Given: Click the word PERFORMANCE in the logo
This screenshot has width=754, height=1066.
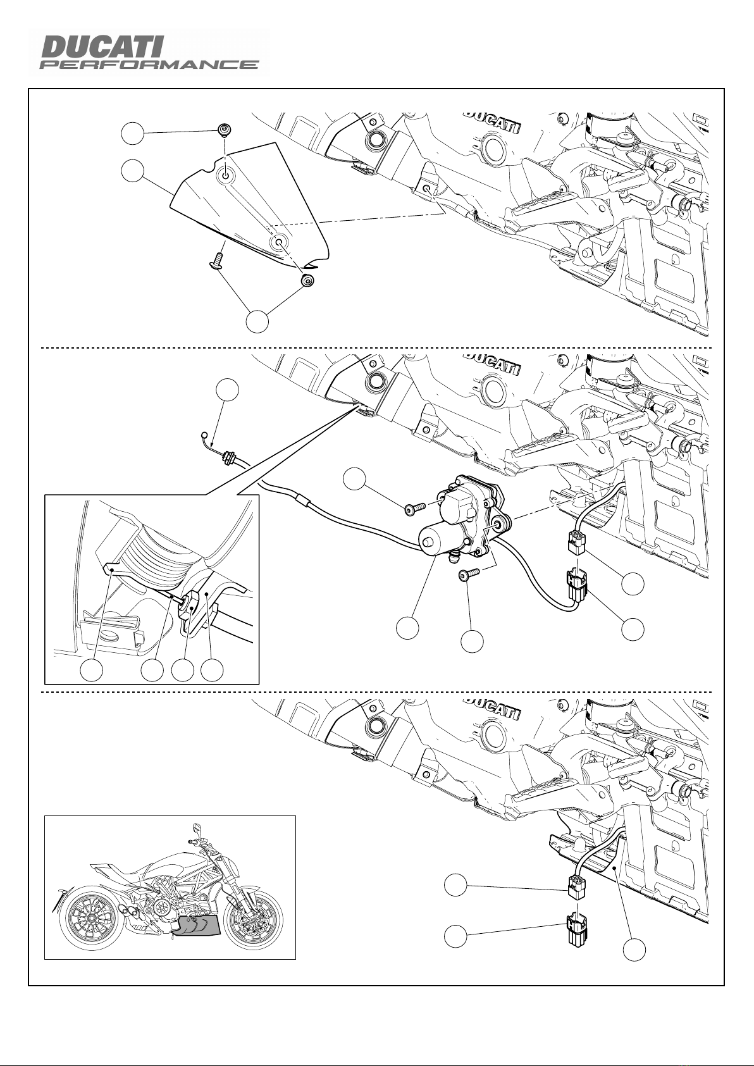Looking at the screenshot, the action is (x=149, y=65).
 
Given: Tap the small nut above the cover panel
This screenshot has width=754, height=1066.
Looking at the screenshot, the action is (x=223, y=129).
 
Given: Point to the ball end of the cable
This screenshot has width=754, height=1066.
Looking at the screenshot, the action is (x=205, y=434).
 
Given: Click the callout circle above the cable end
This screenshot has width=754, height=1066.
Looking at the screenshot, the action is (x=227, y=390).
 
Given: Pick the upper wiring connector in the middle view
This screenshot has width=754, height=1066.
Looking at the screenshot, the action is (x=576, y=542).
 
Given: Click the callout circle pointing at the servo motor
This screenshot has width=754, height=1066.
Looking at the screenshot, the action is (x=408, y=627).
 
